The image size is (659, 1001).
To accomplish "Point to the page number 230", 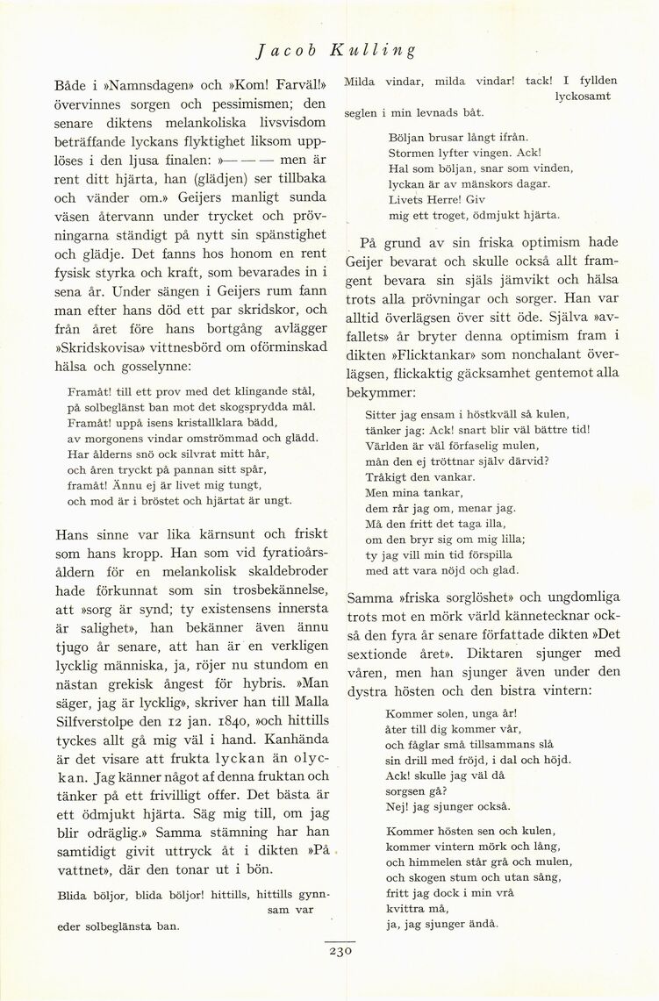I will (x=340, y=950).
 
